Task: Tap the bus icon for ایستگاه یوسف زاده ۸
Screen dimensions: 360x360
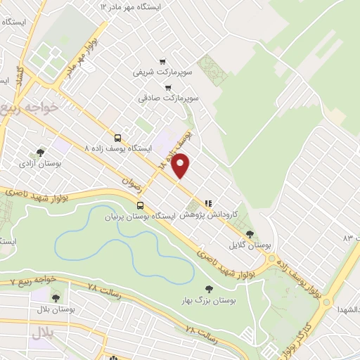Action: pyautogui.click(x=117, y=139)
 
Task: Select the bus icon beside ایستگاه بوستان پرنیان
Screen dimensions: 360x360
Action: pyautogui.click(x=141, y=206)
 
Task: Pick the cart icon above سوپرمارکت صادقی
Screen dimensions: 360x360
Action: pyautogui.click(x=167, y=88)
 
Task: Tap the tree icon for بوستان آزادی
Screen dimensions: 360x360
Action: pyautogui.click(x=41, y=152)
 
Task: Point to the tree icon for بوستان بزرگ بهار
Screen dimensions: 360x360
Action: pyautogui.click(x=208, y=288)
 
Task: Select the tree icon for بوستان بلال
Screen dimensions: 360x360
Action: pyautogui.click(x=55, y=298)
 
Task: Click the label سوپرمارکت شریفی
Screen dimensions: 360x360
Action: pyautogui.click(x=158, y=72)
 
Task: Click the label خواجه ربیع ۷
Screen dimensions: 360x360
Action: pyautogui.click(x=31, y=281)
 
